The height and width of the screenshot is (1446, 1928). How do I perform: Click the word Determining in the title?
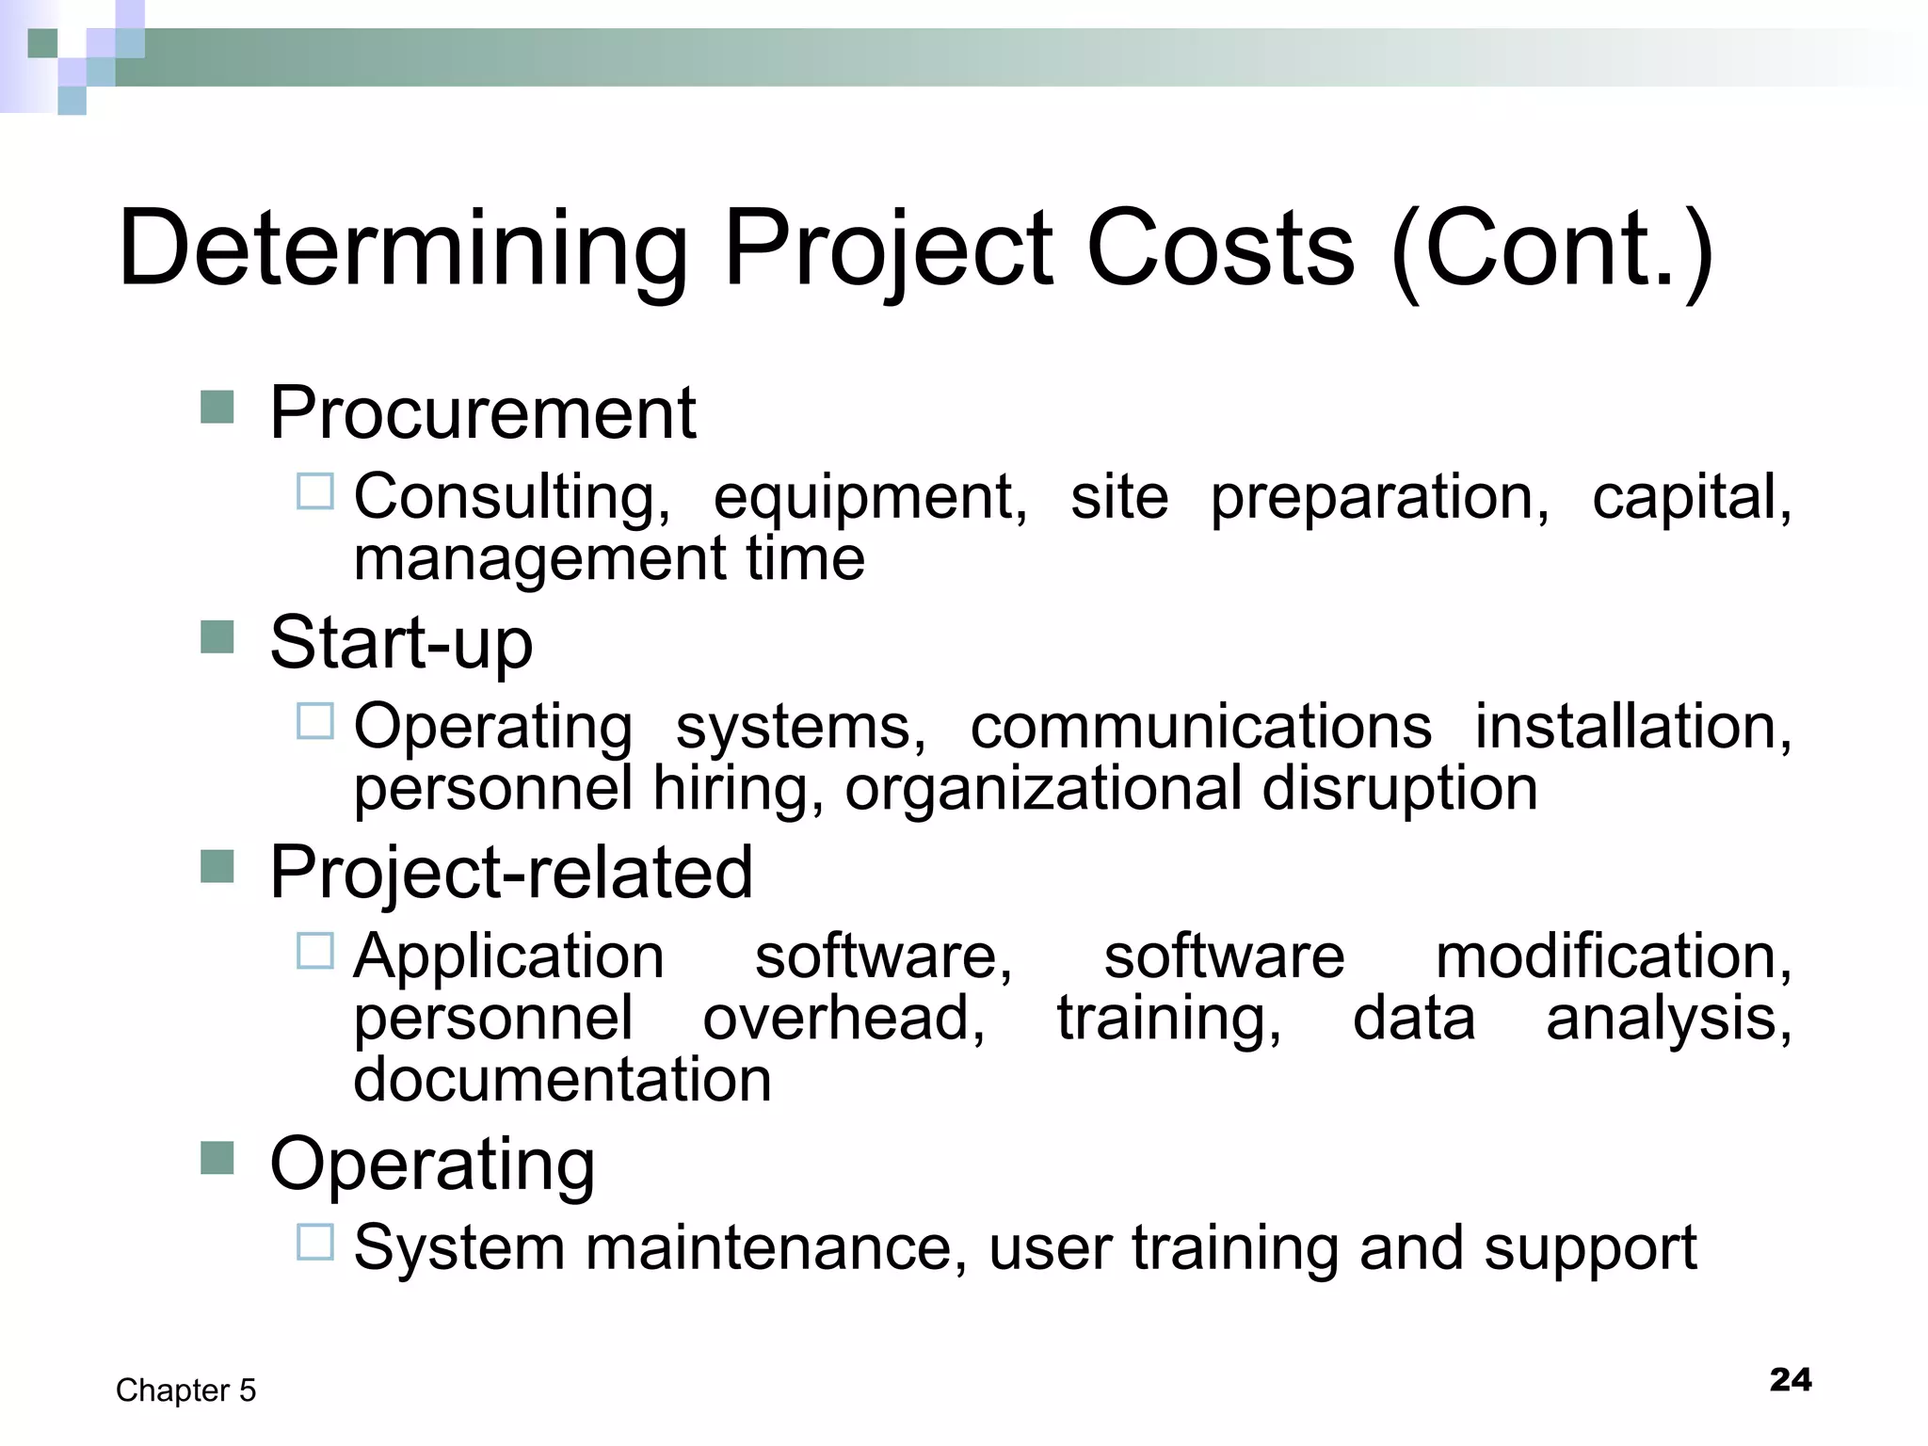403,249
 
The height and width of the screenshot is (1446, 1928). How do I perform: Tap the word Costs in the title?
1220,249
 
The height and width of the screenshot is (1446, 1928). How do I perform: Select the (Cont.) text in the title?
1552,249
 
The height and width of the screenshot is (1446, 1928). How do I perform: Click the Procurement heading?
482,413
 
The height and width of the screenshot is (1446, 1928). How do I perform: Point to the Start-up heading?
401,643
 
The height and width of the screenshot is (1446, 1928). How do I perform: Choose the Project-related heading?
511,873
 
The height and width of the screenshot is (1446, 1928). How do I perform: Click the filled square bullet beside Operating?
217,1158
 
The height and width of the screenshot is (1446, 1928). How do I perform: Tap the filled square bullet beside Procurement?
217,408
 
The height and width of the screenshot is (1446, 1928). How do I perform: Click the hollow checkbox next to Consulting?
315,491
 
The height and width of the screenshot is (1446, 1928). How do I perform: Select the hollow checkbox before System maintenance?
315,1242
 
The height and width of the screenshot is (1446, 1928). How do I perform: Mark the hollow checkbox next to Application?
315,951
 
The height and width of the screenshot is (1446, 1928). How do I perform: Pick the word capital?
1691,497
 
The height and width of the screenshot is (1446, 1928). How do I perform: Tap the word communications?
1200,728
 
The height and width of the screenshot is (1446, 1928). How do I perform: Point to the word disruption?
1399,789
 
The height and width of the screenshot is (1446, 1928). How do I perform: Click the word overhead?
843,1019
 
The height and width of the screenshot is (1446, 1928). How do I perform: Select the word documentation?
562,1080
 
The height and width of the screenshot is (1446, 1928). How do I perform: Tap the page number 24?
1791,1380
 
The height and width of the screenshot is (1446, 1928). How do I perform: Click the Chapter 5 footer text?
185,1390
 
